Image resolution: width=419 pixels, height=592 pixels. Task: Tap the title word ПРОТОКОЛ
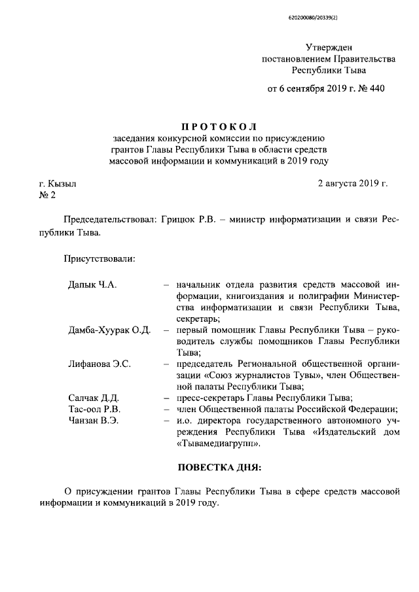click(219, 126)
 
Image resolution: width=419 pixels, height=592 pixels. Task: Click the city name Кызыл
click(62, 184)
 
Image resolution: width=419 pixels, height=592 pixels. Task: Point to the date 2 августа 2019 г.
click(352, 184)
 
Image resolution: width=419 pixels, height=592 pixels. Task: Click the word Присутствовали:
click(99, 259)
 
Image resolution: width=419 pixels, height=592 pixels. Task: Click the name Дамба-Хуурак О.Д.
click(109, 330)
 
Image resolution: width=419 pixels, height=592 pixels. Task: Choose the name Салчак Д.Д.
click(93, 398)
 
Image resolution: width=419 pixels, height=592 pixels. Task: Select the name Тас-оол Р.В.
click(93, 409)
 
